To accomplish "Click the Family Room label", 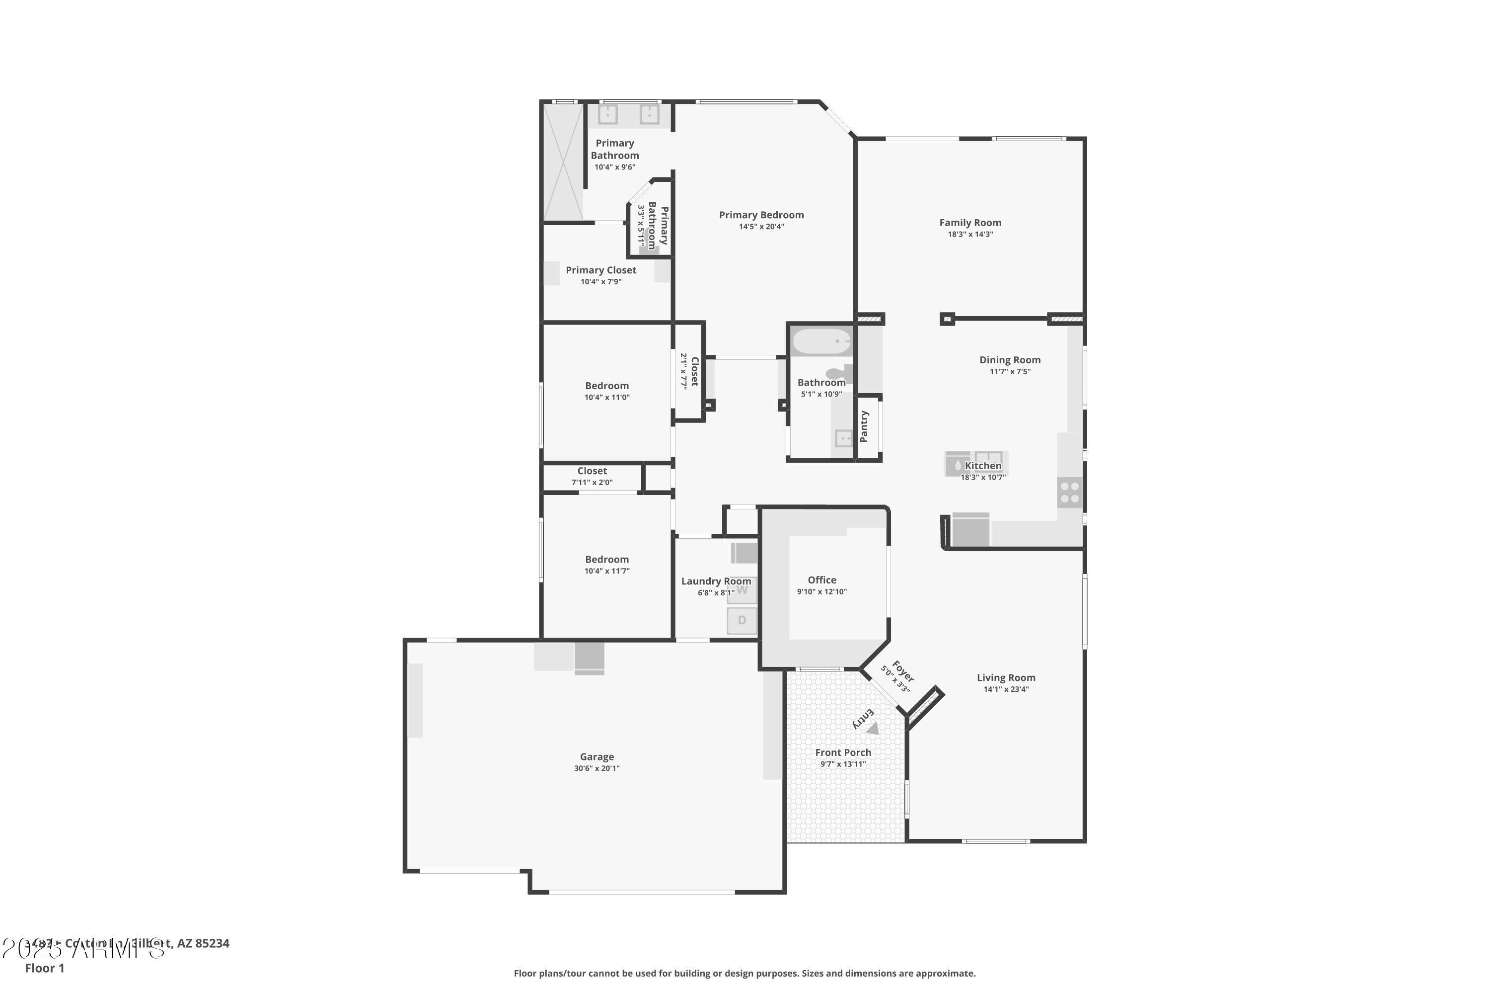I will click(970, 223).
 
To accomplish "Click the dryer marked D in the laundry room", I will click(742, 620).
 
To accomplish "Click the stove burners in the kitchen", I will click(1070, 493).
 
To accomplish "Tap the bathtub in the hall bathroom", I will click(821, 342).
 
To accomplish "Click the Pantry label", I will click(864, 426).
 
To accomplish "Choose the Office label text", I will click(821, 580).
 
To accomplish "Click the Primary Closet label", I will click(600, 270).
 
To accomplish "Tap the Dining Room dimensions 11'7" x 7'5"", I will click(1010, 371).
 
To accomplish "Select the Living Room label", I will click(1005, 678).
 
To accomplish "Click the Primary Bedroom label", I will click(761, 215).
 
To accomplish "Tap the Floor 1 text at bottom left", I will click(44, 968).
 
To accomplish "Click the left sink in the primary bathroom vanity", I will click(607, 114).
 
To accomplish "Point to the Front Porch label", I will click(842, 752).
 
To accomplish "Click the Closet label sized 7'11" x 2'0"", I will click(592, 471).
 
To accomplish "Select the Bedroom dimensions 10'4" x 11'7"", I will click(606, 571).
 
